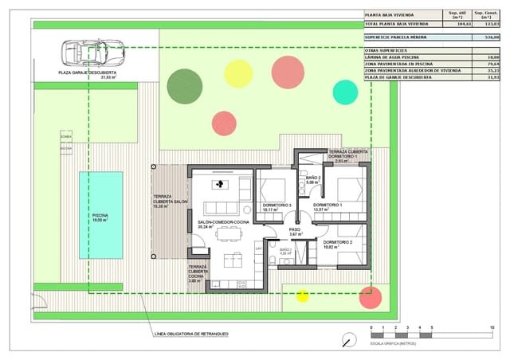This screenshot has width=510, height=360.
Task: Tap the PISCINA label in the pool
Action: pyautogui.click(x=100, y=215)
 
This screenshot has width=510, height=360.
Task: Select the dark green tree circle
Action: pyautogui.click(x=185, y=86)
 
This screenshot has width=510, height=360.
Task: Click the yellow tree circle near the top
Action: pyautogui.click(x=238, y=73)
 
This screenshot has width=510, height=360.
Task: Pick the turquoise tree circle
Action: pyautogui.click(x=345, y=92)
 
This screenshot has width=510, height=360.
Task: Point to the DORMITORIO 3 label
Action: pyautogui.click(x=277, y=205)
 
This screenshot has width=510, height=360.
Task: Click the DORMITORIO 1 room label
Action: pyautogui.click(x=328, y=205)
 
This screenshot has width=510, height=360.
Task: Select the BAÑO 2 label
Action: pyautogui.click(x=312, y=178)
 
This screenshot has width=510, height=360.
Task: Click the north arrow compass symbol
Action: pyautogui.click(x=347, y=342)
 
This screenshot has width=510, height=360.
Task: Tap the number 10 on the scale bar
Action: pyautogui.click(x=492, y=328)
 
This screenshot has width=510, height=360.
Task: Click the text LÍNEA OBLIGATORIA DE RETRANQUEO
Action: pyautogui.click(x=184, y=333)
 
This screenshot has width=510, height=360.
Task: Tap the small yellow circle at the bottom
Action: pyautogui.click(x=302, y=296)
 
